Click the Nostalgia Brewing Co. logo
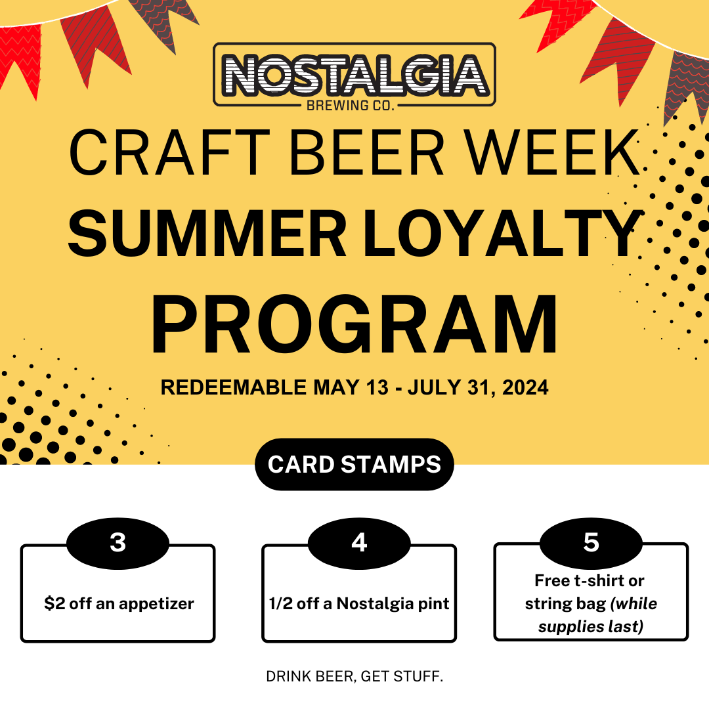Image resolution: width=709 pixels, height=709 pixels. click(354, 74)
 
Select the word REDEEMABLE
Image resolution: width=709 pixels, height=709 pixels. click(233, 388)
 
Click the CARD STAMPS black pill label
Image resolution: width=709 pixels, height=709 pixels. click(354, 464)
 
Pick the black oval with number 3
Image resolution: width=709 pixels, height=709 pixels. click(118, 543)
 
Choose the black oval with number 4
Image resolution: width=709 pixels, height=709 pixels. click(359, 543)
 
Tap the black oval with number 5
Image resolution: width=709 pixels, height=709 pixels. click(591, 543)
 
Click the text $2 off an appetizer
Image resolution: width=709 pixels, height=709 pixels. click(119, 604)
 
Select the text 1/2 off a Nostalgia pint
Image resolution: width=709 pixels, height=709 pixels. click(359, 604)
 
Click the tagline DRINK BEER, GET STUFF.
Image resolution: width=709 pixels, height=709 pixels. click(354, 676)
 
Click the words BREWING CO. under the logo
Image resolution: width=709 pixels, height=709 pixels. click(355, 105)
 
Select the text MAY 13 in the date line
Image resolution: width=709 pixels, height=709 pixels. click(351, 388)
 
